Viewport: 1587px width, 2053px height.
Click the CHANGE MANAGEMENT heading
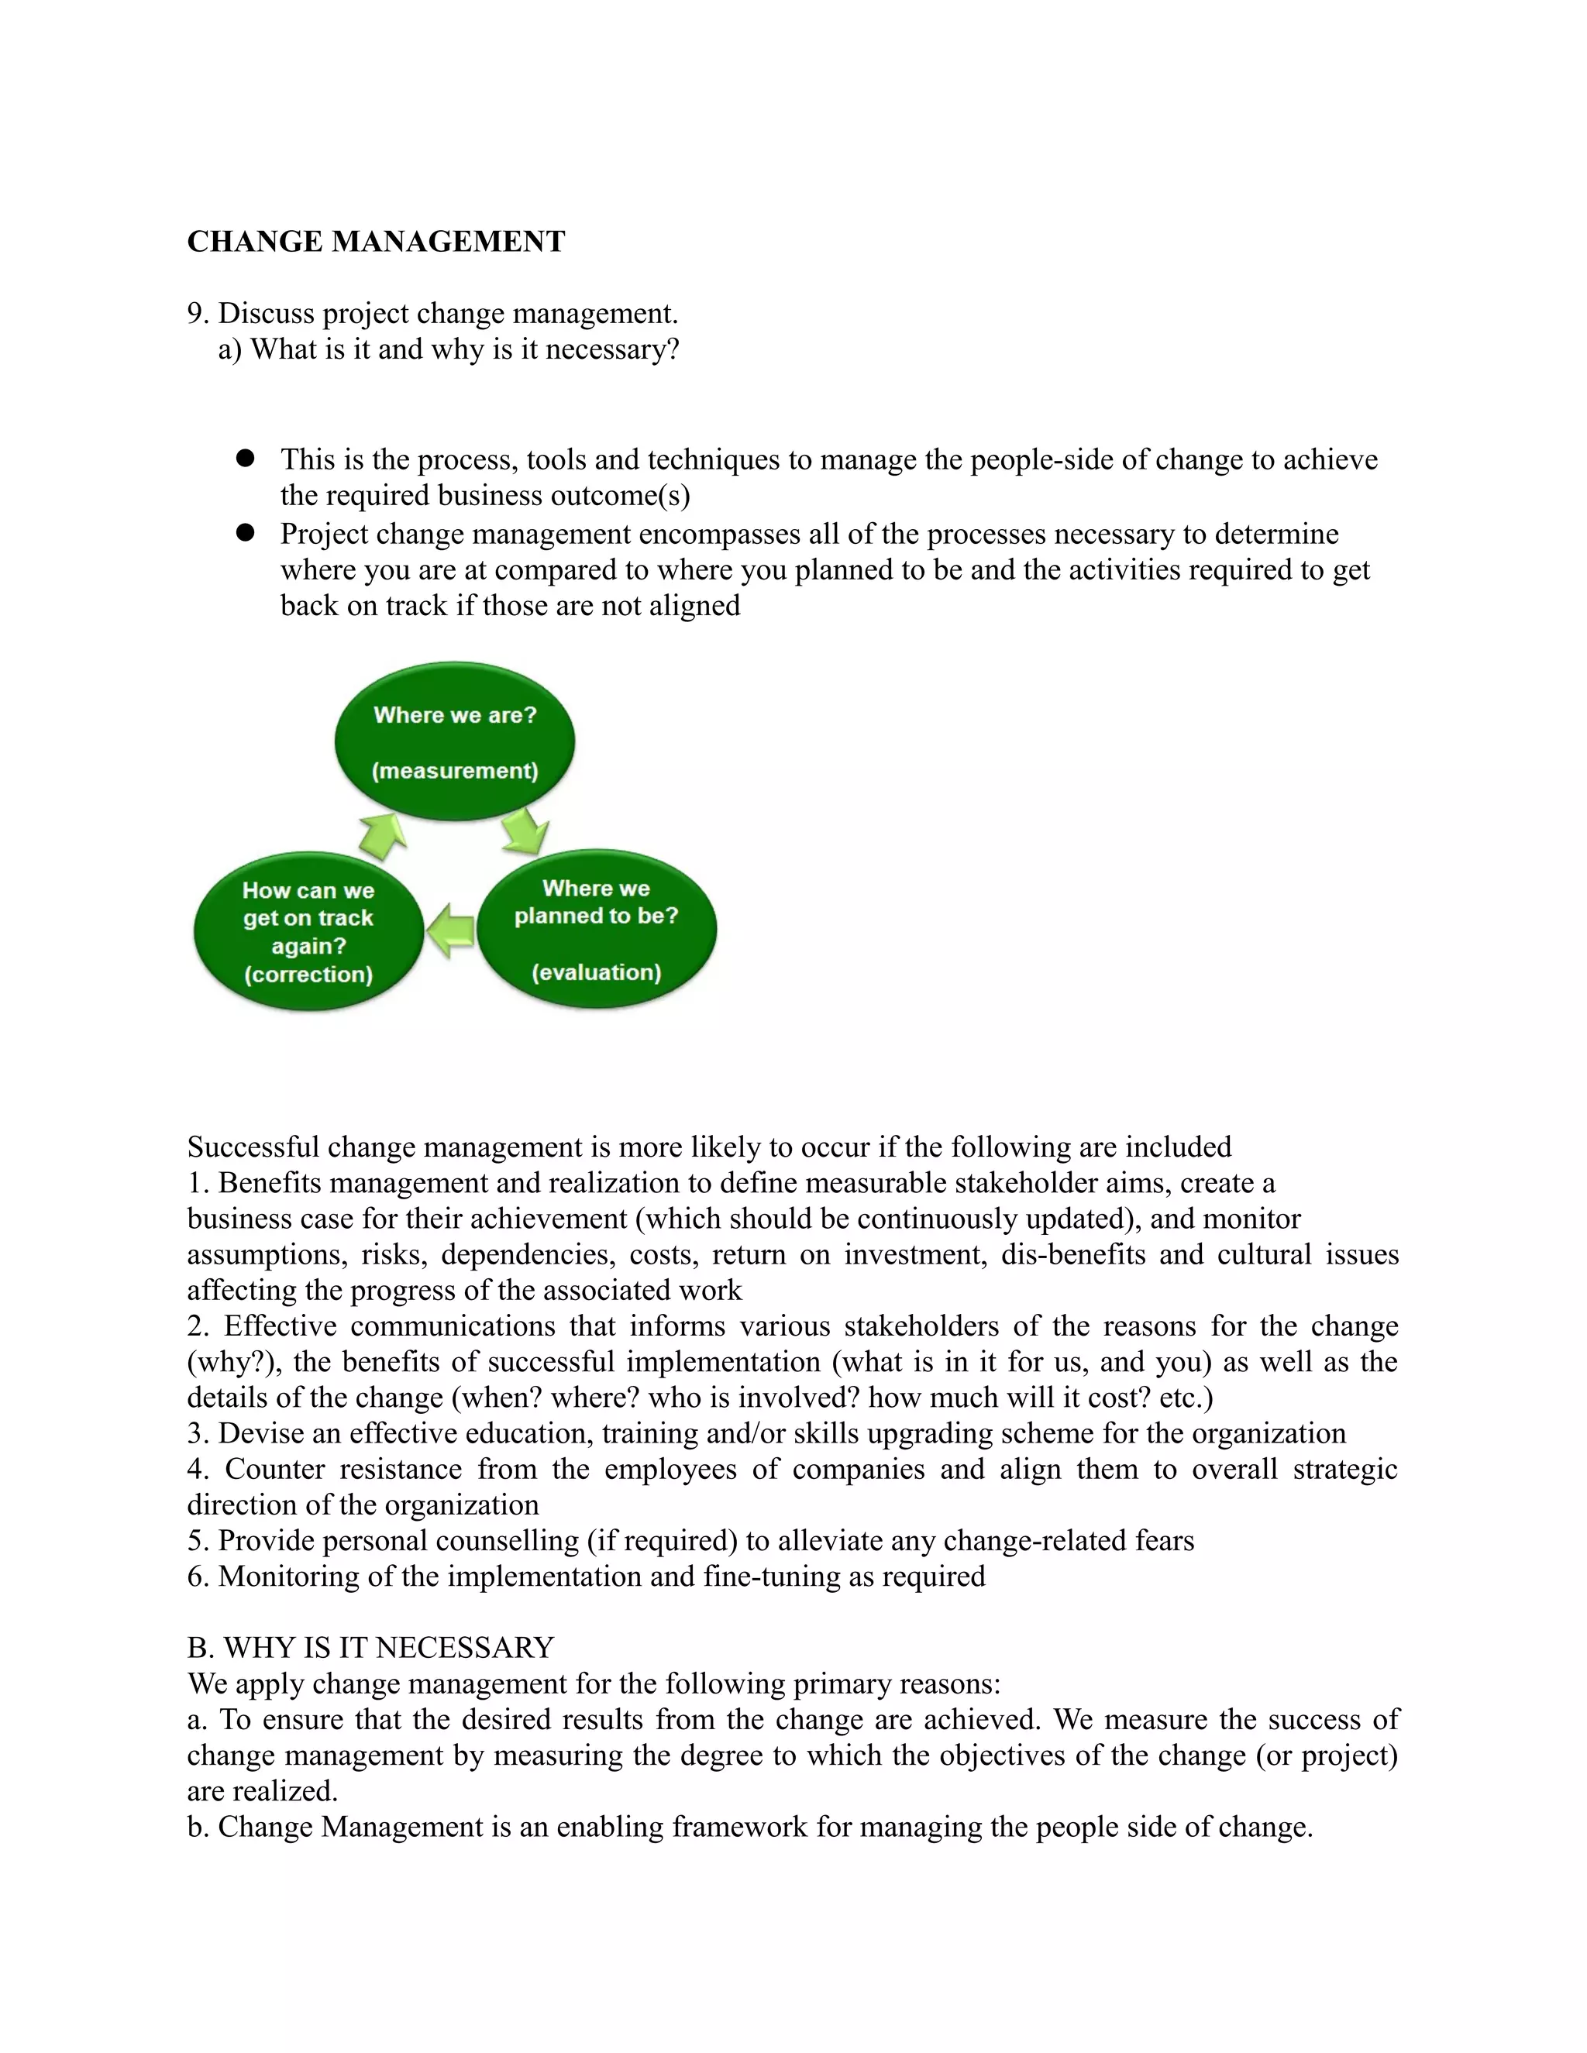coord(376,242)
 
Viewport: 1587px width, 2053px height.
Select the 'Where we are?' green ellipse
coord(455,741)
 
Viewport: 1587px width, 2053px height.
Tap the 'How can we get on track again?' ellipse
coord(308,931)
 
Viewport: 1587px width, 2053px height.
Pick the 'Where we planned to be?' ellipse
coord(596,929)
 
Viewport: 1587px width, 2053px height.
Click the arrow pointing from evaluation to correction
coord(450,930)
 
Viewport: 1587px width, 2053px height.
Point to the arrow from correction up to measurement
coord(384,836)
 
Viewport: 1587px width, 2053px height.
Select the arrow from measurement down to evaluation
coord(525,832)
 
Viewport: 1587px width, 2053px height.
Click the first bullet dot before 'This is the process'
coord(246,458)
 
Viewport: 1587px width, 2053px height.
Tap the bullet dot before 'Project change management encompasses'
coord(246,532)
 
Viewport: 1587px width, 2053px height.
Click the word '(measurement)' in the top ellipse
coord(455,771)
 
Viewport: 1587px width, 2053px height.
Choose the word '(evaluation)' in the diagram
coord(596,972)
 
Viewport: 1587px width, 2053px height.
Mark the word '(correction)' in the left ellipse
coord(308,974)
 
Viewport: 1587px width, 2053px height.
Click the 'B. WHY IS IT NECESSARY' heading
coord(370,1648)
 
